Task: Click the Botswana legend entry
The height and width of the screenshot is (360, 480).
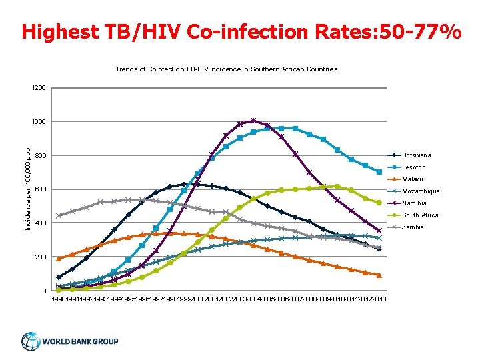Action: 416,155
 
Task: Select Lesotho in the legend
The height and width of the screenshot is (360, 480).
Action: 413,167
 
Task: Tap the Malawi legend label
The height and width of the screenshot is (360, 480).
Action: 413,179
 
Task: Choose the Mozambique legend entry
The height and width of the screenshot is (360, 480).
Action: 420,191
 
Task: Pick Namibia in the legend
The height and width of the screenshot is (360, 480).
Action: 414,203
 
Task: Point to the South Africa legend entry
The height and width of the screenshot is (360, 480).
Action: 420,215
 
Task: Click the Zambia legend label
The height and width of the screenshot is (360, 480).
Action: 413,227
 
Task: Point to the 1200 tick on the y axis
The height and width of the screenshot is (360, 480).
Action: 39,88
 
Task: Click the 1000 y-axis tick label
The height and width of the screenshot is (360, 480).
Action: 39,122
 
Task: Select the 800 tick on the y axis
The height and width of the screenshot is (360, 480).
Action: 41,156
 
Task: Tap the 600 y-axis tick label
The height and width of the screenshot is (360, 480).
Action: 41,189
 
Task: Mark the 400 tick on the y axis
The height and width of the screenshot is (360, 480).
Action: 41,223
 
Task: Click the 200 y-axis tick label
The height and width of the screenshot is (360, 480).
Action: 41,257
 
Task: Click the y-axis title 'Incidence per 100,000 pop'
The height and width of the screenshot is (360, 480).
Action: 27,189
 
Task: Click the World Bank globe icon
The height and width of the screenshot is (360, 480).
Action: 31,341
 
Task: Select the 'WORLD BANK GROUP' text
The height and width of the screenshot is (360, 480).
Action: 81,342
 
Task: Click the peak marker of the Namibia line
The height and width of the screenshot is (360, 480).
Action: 253,121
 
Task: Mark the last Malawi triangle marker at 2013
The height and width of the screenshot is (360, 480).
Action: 379,275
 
